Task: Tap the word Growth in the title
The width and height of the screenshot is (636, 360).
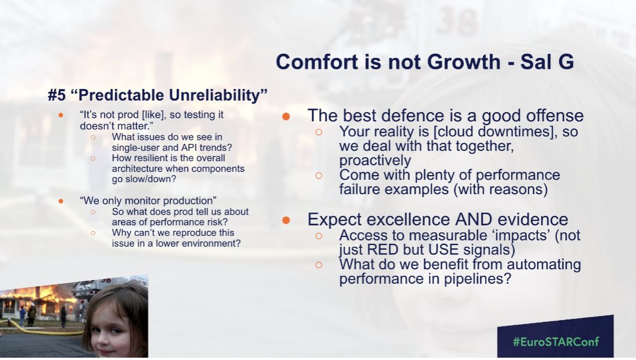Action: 464,62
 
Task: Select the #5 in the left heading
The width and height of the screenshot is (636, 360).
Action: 57,95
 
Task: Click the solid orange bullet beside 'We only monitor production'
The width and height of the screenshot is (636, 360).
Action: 61,201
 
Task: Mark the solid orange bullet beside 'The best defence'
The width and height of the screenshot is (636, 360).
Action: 286,117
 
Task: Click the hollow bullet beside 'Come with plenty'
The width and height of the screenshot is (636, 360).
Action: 319,176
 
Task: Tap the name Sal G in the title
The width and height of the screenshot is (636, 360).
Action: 547,62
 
